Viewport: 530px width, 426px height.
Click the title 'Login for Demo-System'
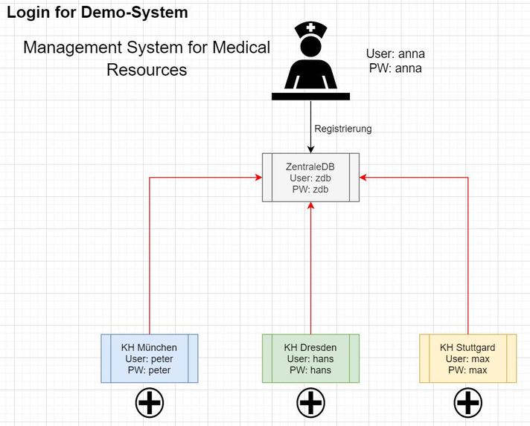tap(97, 13)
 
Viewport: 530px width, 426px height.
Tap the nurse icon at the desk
tap(310, 62)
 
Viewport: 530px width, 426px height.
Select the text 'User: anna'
tap(395, 54)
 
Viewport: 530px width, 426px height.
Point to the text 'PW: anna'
tap(395, 68)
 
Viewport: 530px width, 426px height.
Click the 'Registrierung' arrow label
tap(342, 129)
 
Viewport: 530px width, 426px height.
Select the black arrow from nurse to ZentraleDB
tap(310, 126)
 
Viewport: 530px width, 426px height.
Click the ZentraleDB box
tap(310, 177)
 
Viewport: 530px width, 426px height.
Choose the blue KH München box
tap(149, 358)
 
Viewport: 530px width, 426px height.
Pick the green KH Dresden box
tap(310, 358)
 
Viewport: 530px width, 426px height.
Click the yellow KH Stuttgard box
tap(467, 358)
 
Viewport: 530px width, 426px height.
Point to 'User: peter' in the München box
tap(149, 358)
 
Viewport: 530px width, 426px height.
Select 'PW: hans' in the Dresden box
tap(310, 369)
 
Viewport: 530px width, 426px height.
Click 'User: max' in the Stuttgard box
tap(467, 358)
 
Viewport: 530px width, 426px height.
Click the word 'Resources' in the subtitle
tap(147, 71)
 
